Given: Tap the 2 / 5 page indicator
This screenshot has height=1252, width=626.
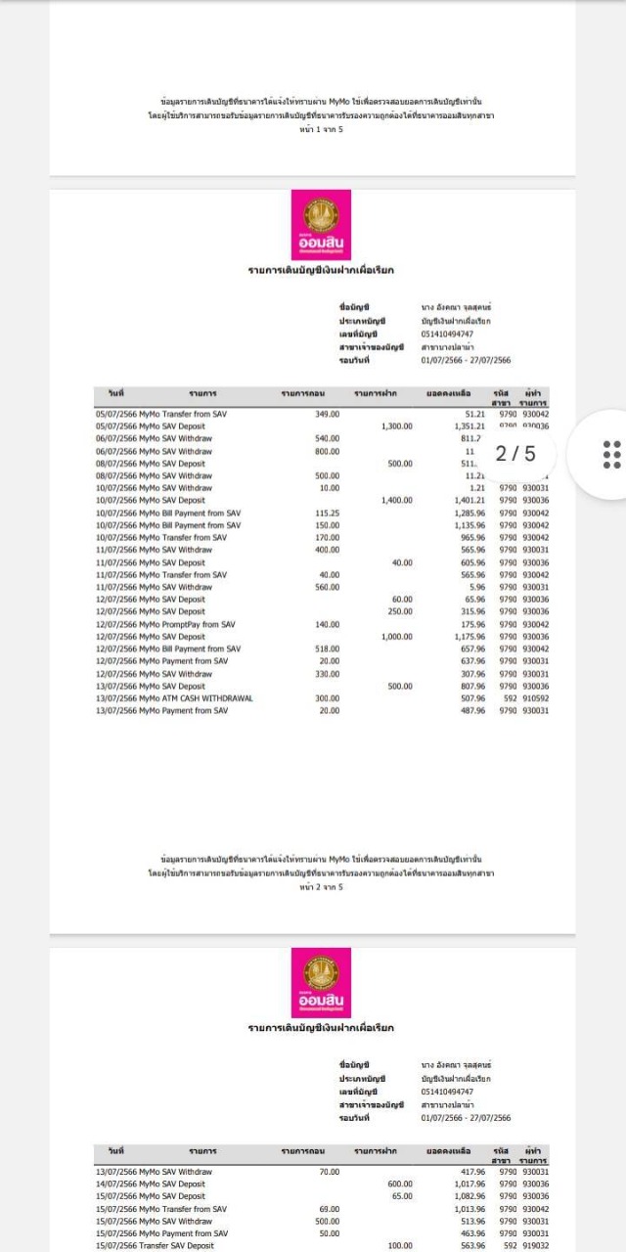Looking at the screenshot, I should [x=515, y=454].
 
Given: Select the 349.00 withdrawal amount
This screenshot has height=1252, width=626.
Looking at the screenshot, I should [x=326, y=414].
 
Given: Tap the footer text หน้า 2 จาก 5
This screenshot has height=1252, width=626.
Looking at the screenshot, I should [x=321, y=887].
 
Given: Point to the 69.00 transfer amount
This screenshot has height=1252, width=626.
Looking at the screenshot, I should [x=329, y=1209].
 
